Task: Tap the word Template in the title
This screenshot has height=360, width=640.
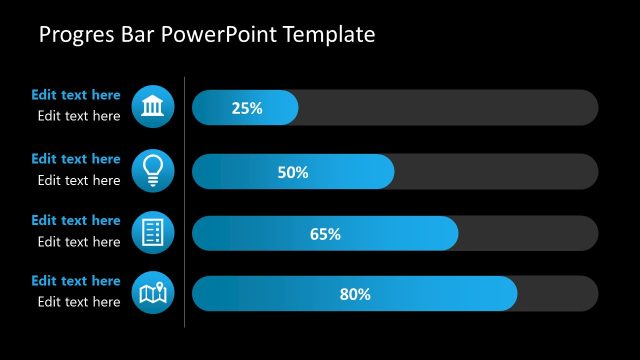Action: click(x=329, y=35)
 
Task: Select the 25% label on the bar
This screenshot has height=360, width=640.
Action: click(x=246, y=108)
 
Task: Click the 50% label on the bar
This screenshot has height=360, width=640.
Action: click(x=292, y=172)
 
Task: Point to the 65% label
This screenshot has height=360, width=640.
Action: click(x=325, y=234)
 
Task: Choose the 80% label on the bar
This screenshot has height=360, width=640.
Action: click(x=355, y=294)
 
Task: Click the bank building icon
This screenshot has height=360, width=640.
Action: click(x=153, y=106)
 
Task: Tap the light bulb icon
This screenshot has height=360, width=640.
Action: click(x=153, y=169)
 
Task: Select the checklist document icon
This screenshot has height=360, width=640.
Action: click(x=153, y=232)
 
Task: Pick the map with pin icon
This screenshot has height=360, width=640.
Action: click(x=153, y=293)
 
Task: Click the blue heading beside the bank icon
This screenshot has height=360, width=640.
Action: click(x=76, y=95)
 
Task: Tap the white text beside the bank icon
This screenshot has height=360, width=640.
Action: click(x=79, y=116)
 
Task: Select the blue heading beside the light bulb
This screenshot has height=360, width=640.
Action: click(x=76, y=158)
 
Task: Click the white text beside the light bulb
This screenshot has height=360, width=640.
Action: click(x=79, y=180)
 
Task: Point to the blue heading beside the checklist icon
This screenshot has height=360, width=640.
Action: click(x=76, y=220)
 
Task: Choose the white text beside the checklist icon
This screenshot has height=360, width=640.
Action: click(x=79, y=241)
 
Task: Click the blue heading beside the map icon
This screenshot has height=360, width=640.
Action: click(x=76, y=281)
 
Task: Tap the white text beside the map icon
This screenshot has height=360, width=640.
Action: click(x=79, y=302)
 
